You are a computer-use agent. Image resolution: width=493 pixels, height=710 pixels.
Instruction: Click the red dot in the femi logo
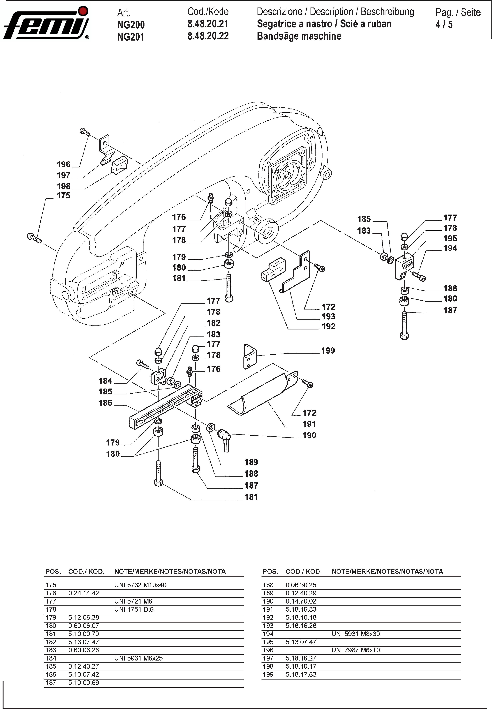83,11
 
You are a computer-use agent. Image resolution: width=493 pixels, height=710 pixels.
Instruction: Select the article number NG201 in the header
131,37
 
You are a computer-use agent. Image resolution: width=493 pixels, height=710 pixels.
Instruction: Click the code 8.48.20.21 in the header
208,24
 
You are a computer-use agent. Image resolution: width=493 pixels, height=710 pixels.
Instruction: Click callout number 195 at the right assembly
450,238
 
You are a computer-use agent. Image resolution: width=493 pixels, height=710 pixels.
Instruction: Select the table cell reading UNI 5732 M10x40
140,585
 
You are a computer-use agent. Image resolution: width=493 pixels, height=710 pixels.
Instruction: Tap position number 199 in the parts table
268,675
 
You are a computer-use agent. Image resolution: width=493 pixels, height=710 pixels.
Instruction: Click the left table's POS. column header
53,572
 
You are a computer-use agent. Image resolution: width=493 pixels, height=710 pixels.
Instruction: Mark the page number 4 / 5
444,25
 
